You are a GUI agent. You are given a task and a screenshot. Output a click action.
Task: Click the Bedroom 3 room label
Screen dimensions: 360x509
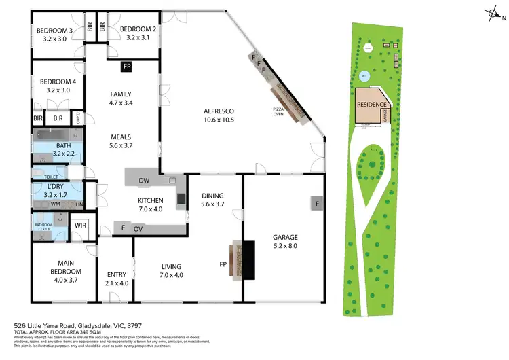(x=54, y=30)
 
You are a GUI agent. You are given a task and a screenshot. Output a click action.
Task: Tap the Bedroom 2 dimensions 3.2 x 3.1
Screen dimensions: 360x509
(x=138, y=39)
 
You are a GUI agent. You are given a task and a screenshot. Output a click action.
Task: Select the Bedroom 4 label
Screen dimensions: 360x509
(x=54, y=82)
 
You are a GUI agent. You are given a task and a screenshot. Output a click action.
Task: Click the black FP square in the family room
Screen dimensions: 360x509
(x=126, y=67)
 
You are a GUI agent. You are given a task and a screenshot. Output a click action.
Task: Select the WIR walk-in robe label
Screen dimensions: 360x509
(x=80, y=225)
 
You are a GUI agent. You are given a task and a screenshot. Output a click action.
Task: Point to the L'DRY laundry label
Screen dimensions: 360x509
(x=54, y=186)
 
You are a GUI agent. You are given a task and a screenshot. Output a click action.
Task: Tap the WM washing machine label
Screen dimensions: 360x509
(x=54, y=203)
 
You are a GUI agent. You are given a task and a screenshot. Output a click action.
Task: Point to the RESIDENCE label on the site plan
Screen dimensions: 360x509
(x=372, y=105)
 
